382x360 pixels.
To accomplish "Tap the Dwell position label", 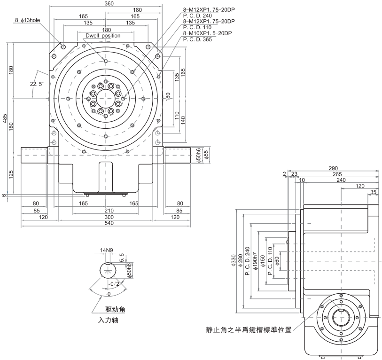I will tap(102, 35).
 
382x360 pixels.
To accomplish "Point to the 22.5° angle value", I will tap(37, 84).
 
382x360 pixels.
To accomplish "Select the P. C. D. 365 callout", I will tap(197, 39).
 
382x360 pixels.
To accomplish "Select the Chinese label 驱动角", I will tap(115, 309).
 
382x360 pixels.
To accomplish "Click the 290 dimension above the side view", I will tap(333, 168).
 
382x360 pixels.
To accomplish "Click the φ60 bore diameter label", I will tap(277, 261).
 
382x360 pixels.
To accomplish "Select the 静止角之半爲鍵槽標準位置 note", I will tap(249, 329).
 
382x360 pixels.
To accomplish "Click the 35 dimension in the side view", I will tap(374, 193).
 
